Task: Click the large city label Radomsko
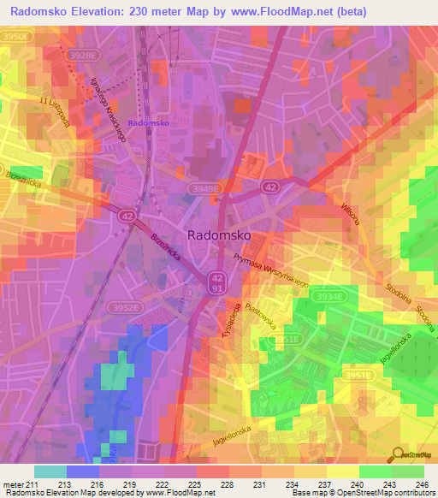tap(220, 235)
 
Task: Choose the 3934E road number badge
tap(329, 296)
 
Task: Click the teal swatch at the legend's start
tap(50, 471)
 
